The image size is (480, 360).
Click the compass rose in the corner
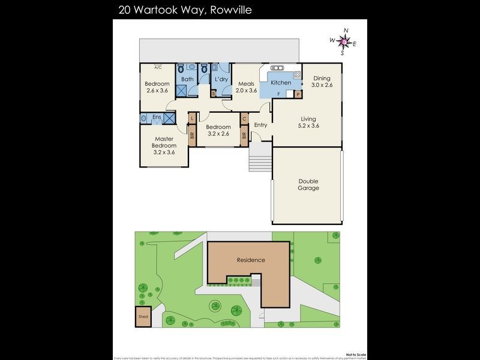point(343,41)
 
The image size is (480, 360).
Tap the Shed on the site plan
point(143,317)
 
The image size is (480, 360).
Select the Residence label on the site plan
point(251,260)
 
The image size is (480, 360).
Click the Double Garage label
point(308,185)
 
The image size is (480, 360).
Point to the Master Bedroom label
point(164,145)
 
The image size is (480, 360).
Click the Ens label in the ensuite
point(157,117)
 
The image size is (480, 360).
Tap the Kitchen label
point(281,83)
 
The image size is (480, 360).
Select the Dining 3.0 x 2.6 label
point(322,82)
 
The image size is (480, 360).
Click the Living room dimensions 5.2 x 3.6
point(308,126)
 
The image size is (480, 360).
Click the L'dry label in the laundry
point(221,79)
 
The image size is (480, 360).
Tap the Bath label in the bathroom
point(188,79)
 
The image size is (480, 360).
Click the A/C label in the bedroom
point(158,67)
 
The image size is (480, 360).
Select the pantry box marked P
point(297,94)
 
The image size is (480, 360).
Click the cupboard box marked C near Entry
point(244,118)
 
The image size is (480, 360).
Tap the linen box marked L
point(192,118)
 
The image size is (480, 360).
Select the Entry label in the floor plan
point(260,125)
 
